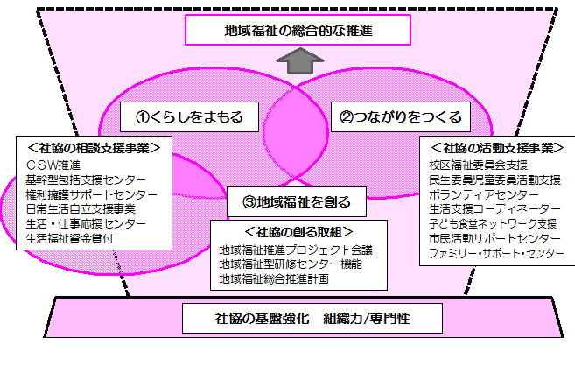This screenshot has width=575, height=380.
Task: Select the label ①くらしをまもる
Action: point(188,116)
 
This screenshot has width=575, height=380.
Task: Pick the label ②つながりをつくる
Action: point(400,116)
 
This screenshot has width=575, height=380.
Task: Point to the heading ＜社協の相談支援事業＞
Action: point(86,147)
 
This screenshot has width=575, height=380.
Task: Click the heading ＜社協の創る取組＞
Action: point(298,232)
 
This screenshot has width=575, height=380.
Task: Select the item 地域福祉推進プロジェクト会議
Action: point(296,250)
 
